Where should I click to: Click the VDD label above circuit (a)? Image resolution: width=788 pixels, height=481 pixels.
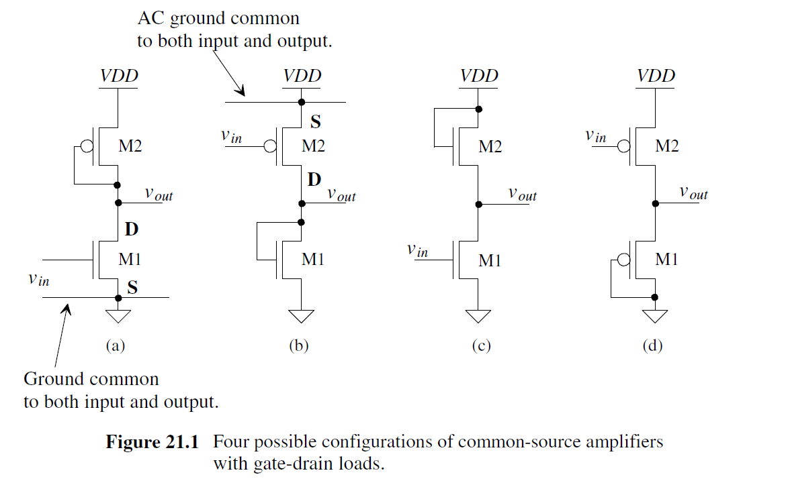tap(119, 75)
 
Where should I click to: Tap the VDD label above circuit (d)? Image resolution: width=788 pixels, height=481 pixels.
tap(656, 75)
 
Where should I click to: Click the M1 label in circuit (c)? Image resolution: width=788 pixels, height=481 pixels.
tap(490, 260)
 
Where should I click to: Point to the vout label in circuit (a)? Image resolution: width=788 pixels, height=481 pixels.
tap(159, 195)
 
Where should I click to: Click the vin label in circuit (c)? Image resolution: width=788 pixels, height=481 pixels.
tap(417, 251)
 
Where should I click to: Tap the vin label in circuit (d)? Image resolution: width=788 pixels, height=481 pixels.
tap(595, 136)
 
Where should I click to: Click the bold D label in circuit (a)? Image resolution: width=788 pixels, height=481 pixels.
tap(132, 229)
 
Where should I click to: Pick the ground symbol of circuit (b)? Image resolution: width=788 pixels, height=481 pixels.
tap(301, 316)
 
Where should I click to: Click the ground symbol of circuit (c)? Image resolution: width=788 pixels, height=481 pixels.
tap(478, 316)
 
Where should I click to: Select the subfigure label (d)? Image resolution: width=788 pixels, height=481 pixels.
tap(652, 346)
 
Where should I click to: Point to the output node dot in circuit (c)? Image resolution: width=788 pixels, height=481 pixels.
tap(478, 203)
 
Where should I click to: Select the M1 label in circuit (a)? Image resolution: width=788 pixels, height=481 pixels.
tap(130, 259)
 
